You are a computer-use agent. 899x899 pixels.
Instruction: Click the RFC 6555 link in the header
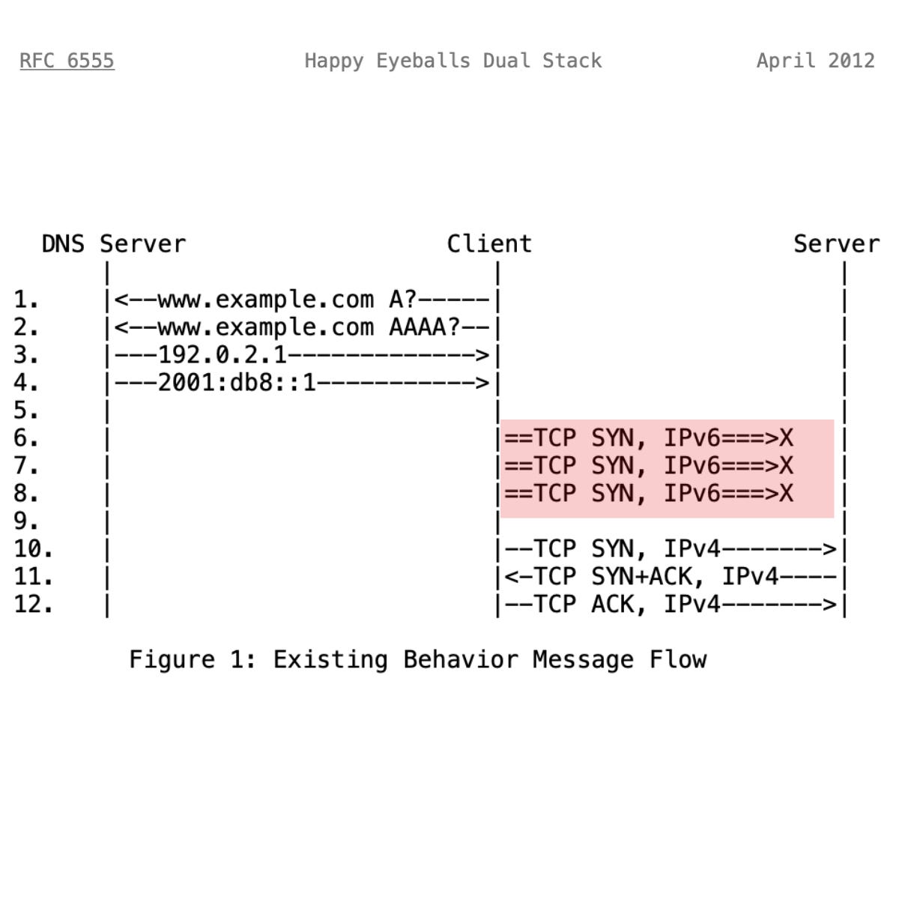pos(67,61)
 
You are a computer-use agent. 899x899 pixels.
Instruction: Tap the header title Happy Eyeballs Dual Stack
pos(452,61)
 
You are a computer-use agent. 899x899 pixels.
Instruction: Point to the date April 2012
pos(815,61)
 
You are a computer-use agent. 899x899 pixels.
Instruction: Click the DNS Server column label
pos(113,244)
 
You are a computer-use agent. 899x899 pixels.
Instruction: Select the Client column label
pos(489,244)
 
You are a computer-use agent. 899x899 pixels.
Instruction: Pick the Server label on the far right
pos(836,244)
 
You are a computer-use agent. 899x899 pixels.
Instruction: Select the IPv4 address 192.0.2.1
pos(223,355)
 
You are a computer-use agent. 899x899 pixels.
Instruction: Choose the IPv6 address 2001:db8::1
pos(237,383)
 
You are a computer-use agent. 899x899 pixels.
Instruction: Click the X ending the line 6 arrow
pos(785,438)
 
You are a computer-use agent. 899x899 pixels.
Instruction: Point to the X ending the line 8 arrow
pos(785,494)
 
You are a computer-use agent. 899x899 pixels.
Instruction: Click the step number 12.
pos(33,605)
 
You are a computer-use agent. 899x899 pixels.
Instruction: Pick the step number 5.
pos(26,411)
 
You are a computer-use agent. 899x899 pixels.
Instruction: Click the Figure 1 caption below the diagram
pos(417,660)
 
